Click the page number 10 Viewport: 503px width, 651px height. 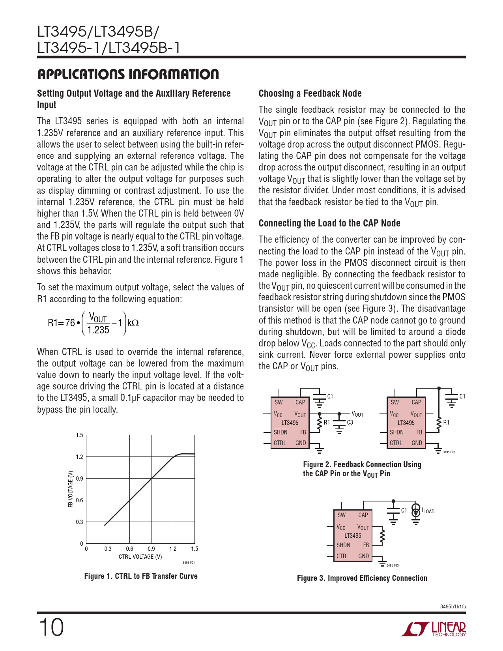click(51, 628)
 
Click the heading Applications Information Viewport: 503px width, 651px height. click(128, 74)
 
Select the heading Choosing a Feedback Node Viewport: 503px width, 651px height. click(310, 94)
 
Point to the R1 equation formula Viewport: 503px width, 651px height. click(93, 323)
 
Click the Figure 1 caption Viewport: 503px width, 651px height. click(141, 576)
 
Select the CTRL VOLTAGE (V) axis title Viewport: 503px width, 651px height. click(140, 557)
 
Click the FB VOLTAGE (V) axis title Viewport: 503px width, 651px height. click(71, 489)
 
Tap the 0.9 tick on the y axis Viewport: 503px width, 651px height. click(80, 479)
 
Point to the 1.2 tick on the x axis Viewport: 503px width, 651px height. click(173, 549)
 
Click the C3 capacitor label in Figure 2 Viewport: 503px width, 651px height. click(350, 423)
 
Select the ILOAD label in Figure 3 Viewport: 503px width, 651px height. click(428, 511)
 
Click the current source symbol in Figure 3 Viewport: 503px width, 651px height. click(416, 510)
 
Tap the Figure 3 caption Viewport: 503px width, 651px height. click(362, 578)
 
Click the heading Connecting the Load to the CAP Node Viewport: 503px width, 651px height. click(329, 223)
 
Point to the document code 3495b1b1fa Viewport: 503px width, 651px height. click(453, 607)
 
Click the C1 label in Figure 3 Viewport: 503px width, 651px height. click(404, 511)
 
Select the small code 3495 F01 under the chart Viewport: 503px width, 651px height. click(189, 563)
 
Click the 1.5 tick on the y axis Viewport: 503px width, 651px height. click(80, 435)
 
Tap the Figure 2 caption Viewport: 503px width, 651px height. click(362, 469)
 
